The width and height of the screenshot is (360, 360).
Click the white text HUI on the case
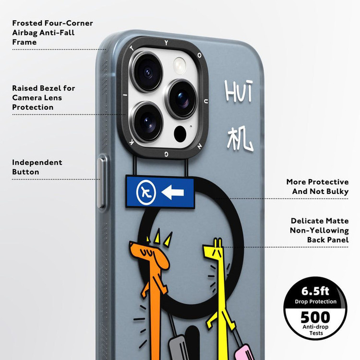tap(239, 91)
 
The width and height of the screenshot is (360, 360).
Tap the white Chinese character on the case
tap(239, 138)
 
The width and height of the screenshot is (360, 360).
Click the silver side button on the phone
tap(101, 183)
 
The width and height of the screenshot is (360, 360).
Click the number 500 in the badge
tap(315, 317)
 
